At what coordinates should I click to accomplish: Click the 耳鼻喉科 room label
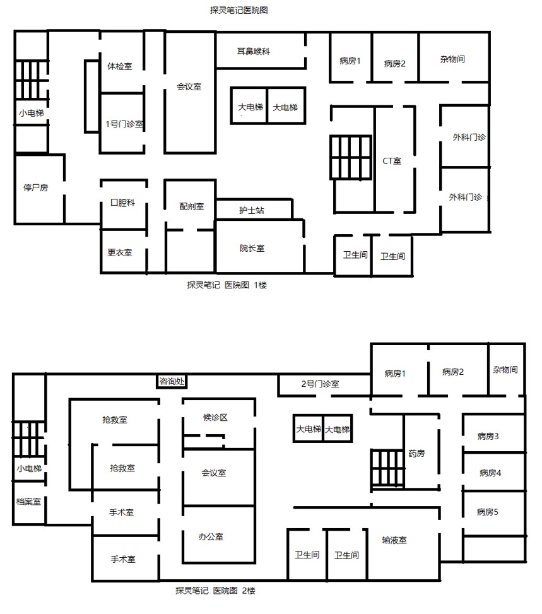tap(254, 51)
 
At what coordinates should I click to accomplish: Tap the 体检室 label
tap(120, 66)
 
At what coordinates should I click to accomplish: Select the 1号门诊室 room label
tap(124, 124)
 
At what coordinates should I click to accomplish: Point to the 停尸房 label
tap(35, 187)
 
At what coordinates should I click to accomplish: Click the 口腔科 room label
tap(122, 203)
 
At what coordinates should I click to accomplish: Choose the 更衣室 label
tap(120, 252)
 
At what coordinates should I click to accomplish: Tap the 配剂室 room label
tap(192, 206)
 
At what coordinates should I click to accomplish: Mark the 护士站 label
tap(251, 210)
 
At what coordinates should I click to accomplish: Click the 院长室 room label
tap(252, 248)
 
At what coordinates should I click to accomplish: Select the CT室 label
tap(392, 161)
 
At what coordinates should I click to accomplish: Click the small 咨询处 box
tap(172, 381)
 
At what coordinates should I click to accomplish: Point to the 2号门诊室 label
tap(321, 384)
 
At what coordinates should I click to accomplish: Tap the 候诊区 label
tap(215, 417)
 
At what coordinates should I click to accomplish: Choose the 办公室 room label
tap(211, 536)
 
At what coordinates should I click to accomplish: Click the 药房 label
tap(416, 454)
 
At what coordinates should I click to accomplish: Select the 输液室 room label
tap(394, 540)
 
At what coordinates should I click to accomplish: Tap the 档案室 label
tap(28, 502)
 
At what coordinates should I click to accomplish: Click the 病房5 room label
tap(488, 512)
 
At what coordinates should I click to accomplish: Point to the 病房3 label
tap(488, 436)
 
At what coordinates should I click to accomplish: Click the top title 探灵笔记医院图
tap(239, 11)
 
